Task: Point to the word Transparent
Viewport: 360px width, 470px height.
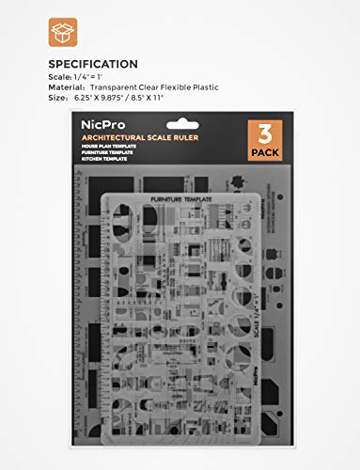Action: coord(130,87)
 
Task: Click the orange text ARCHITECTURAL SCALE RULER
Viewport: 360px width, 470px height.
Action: coord(141,146)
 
